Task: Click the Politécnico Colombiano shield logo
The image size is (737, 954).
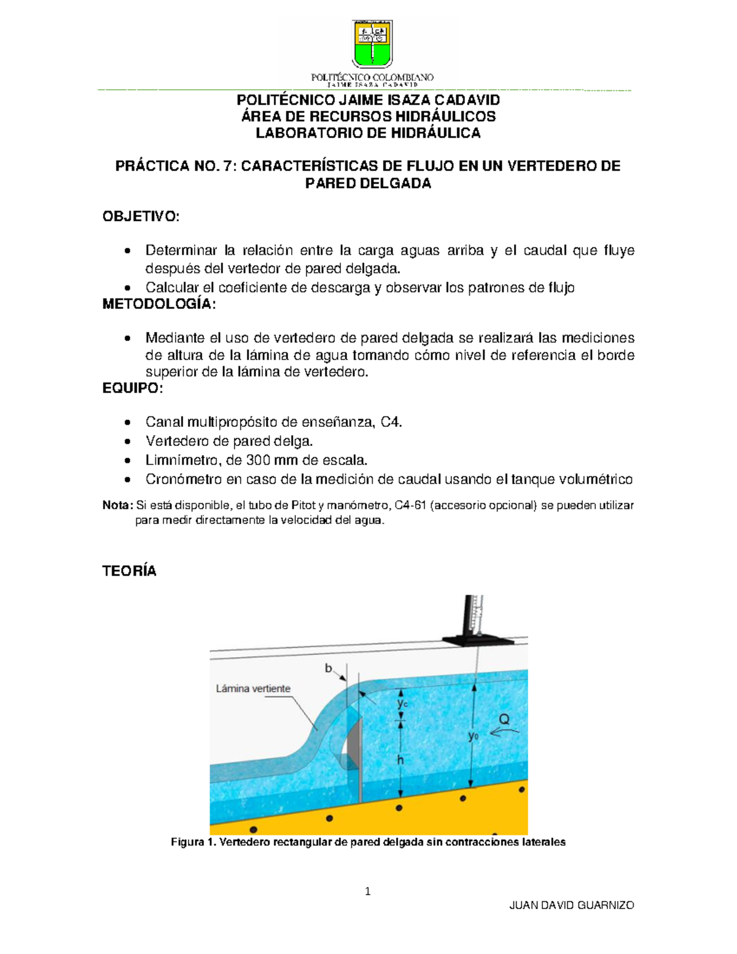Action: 372,44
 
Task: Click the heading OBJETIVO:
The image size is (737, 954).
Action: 141,216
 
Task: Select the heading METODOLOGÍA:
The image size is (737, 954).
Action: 159,305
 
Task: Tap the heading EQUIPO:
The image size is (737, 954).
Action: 133,388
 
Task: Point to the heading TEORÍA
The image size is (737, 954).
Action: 129,571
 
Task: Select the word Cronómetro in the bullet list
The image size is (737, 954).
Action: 179,479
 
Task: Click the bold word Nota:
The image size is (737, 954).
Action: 117,506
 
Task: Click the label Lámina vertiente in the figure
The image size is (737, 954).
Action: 253,689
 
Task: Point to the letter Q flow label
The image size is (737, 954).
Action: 504,719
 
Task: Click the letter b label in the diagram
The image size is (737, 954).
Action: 329,668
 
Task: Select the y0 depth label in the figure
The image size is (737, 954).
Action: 474,736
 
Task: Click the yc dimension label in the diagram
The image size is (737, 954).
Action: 402,703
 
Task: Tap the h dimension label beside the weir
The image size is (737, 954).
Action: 400,760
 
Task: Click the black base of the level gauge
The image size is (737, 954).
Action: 477,639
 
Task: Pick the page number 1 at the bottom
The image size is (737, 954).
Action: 368,892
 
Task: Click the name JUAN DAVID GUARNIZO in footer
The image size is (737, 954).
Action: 572,905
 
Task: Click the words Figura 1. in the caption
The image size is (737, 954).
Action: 193,842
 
